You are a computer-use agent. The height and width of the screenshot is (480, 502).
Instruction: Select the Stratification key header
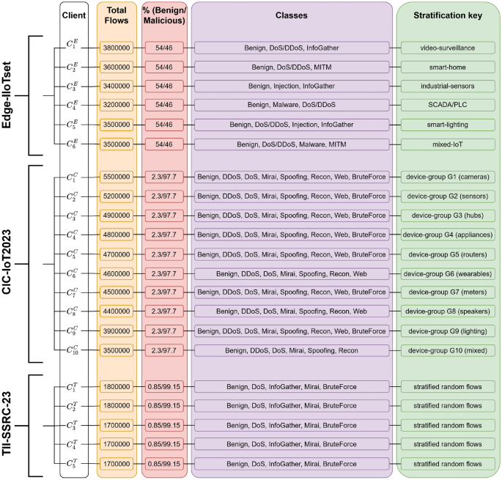pyautogui.click(x=448, y=15)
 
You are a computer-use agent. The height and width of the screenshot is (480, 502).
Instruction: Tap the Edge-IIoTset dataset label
pyautogui.click(x=12, y=94)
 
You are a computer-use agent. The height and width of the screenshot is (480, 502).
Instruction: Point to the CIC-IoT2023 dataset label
pyautogui.click(x=12, y=263)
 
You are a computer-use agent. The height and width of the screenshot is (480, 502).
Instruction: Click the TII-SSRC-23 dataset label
pyautogui.click(x=12, y=425)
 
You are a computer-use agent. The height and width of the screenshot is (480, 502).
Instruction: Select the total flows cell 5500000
pyautogui.click(x=116, y=177)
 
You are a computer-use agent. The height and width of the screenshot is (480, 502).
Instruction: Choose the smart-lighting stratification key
pyautogui.click(x=448, y=125)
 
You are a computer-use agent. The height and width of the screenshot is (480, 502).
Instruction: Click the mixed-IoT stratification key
pyautogui.click(x=448, y=144)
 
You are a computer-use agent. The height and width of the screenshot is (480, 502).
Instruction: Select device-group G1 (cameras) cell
pyautogui.click(x=448, y=177)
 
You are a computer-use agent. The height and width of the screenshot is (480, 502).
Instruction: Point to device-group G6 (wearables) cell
pyautogui.click(x=448, y=273)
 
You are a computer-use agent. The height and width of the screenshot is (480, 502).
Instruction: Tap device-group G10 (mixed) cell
pyautogui.click(x=448, y=350)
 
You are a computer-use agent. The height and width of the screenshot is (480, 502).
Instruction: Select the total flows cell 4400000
pyautogui.click(x=116, y=311)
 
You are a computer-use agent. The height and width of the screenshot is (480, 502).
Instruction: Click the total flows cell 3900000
pyautogui.click(x=116, y=331)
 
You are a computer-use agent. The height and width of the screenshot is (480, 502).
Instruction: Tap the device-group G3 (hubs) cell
pyautogui.click(x=448, y=215)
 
